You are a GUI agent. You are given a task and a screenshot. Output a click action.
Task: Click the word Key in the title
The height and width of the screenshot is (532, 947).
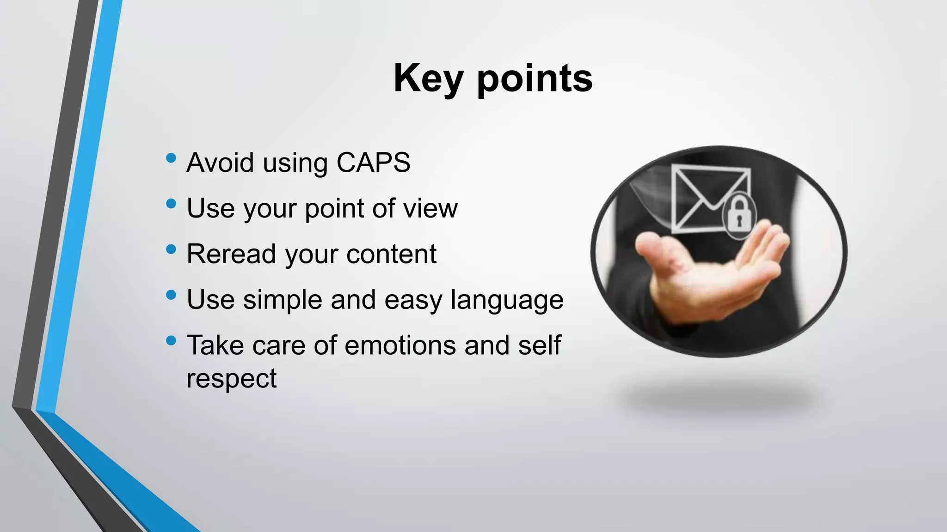428,79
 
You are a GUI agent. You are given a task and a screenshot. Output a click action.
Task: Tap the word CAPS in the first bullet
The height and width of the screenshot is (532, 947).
373,163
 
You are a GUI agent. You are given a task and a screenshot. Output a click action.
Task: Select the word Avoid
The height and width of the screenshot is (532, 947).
220,163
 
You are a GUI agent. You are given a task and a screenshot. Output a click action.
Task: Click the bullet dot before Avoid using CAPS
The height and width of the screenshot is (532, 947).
171,158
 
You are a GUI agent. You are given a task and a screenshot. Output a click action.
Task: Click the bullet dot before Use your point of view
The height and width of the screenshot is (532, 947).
171,204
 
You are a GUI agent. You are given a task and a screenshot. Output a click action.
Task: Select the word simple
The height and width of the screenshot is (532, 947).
283,300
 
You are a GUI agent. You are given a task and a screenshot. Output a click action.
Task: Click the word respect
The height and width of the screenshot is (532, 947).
231,379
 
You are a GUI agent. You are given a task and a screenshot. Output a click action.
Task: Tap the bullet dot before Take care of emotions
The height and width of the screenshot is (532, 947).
171,341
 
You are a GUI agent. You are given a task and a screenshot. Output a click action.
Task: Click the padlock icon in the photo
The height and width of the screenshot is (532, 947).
739,214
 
